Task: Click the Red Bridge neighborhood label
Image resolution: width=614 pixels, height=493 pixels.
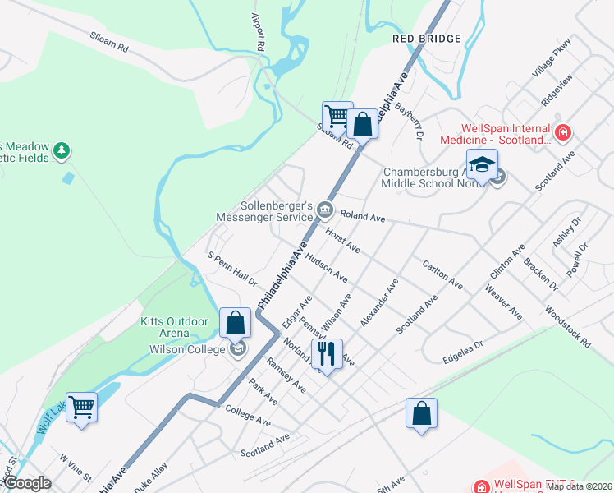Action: pos(426,39)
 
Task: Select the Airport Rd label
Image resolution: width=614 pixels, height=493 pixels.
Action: pos(256,33)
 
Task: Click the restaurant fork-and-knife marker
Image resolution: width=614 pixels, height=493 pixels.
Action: pos(328,354)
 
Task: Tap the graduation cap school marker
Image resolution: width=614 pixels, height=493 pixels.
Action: pos(482,164)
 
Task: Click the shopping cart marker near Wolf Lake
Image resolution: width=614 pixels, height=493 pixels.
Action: pos(82,406)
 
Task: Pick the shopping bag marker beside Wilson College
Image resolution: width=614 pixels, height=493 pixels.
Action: pos(236,323)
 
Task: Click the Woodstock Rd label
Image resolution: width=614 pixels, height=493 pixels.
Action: pos(567,327)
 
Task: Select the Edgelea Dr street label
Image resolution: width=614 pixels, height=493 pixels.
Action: pos(462,348)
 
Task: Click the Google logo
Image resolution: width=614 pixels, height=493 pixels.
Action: pos(27,483)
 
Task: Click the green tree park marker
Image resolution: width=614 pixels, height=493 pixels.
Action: pos(62,150)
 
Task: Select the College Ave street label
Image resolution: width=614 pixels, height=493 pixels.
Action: pos(247,416)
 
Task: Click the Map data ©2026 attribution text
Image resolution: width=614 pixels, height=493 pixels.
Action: pos(579,486)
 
